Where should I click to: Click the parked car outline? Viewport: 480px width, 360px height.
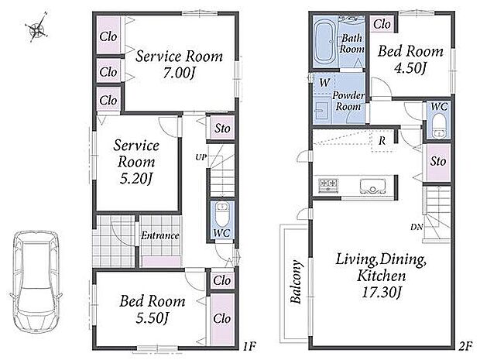tap(36, 283)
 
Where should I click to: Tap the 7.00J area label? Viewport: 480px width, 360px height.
tap(179, 73)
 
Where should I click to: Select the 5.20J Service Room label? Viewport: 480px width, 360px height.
tap(136, 162)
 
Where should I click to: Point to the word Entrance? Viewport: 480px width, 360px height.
tap(160, 235)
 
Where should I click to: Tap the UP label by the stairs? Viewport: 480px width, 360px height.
tap(201, 157)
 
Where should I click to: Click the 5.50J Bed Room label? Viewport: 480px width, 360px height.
tap(153, 309)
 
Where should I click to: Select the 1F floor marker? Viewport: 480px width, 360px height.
tap(249, 346)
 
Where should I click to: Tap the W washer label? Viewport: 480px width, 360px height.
tap(324, 82)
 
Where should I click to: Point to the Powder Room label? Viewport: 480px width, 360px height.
tap(348, 101)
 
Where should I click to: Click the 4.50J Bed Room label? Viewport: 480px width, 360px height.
tap(410, 59)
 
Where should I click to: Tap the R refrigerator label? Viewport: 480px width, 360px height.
tap(382, 141)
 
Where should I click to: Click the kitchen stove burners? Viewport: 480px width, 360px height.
tap(328, 185)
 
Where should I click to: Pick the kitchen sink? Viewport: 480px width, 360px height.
tap(373, 186)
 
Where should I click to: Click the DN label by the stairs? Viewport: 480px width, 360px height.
tap(417, 227)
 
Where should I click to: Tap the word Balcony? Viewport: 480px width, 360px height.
tap(296, 282)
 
